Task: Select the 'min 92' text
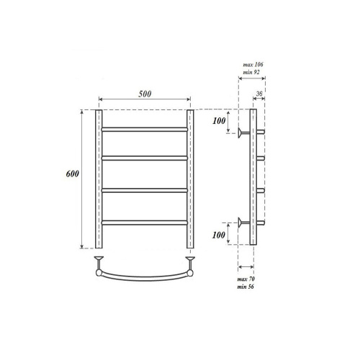tap(252, 73)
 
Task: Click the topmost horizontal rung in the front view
tap(144, 128)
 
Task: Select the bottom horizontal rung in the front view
tap(144, 220)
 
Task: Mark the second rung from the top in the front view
tap(144, 156)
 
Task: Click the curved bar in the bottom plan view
tap(144, 277)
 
